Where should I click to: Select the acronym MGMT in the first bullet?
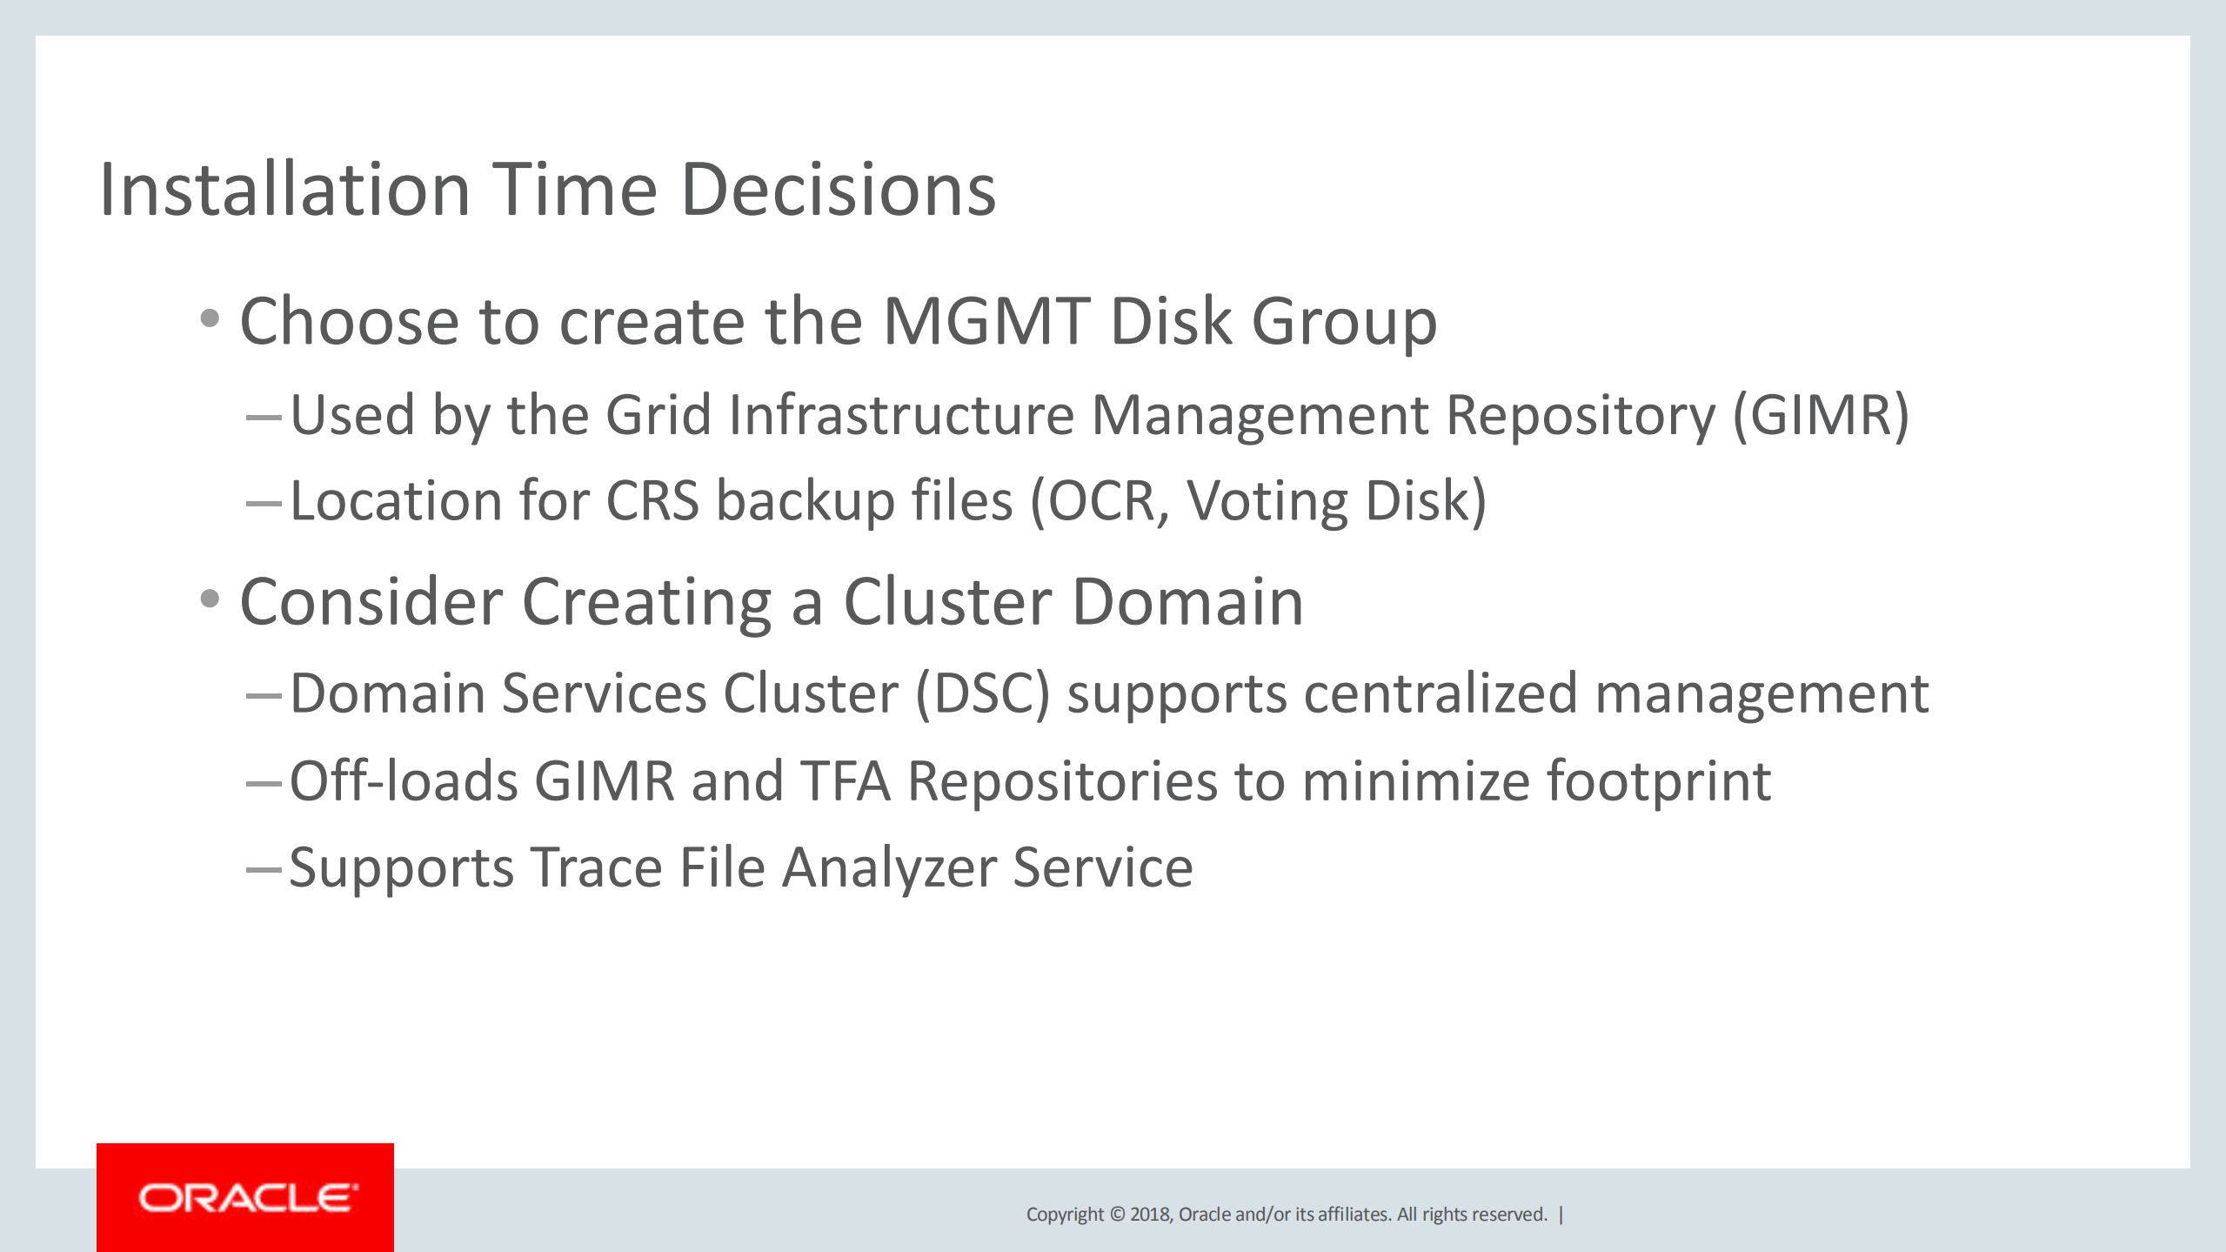pos(986,321)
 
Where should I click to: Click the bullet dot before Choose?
pos(210,318)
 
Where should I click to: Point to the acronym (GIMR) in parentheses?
pos(1821,415)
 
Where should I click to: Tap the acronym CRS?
pos(652,501)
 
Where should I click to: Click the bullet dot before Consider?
pos(210,599)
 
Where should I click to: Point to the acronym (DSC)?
pos(983,694)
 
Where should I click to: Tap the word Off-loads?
pos(404,780)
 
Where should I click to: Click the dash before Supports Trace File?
pos(264,869)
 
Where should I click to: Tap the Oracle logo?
pos(245,1197)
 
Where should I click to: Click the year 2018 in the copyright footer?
pos(1150,1215)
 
